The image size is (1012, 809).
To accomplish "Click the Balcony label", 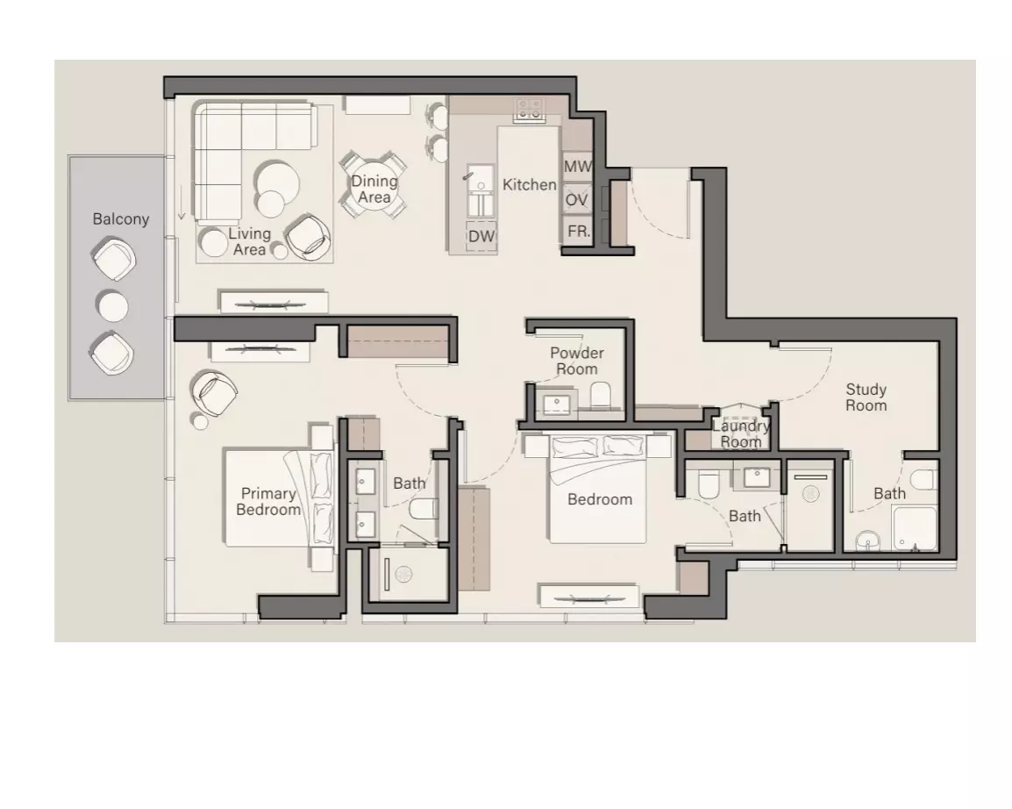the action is pyautogui.click(x=121, y=218).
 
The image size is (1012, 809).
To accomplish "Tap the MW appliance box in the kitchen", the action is pyautogui.click(x=577, y=168).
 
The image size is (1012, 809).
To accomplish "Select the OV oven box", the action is pyautogui.click(x=577, y=199).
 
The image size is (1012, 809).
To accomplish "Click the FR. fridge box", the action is pyautogui.click(x=577, y=231).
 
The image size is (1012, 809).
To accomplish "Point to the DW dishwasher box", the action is pyautogui.click(x=481, y=236).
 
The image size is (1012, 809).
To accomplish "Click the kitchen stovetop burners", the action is pyautogui.click(x=529, y=110).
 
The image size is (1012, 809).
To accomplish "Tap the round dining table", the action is pyautogui.click(x=374, y=184).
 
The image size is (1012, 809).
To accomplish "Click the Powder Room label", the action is pyautogui.click(x=577, y=361).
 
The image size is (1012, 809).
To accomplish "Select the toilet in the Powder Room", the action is pyautogui.click(x=601, y=394).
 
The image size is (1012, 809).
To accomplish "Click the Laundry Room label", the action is pyautogui.click(x=741, y=433).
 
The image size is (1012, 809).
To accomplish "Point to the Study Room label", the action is pyautogui.click(x=866, y=397).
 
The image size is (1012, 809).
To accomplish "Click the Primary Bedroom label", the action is pyautogui.click(x=268, y=502).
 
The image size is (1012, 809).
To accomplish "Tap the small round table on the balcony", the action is pyautogui.click(x=113, y=305).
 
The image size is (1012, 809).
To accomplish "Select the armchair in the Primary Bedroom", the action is pyautogui.click(x=213, y=392).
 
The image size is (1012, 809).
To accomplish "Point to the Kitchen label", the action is pyautogui.click(x=529, y=184).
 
